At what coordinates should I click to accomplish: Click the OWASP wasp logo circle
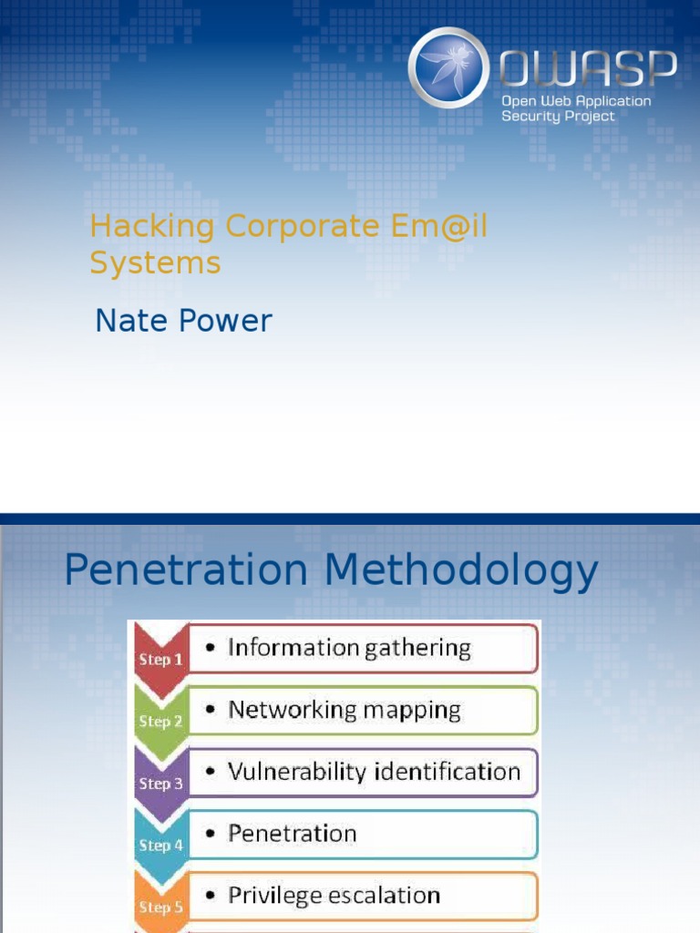[x=448, y=68]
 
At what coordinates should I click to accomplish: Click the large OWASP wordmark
[x=588, y=67]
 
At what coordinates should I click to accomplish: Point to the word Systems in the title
[x=155, y=262]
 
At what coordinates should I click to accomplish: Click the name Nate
[x=129, y=321]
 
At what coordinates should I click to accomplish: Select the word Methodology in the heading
[x=461, y=571]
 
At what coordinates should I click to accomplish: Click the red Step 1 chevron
[x=160, y=658]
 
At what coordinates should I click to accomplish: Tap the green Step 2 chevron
[x=160, y=720]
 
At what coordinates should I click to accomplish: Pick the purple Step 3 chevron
[x=160, y=782]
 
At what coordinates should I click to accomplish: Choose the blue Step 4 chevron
[x=160, y=844]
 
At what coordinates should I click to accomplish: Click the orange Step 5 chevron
[x=160, y=906]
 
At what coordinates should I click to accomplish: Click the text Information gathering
[x=349, y=648]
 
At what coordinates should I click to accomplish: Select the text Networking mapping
[x=345, y=710]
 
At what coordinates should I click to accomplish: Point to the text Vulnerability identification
[x=374, y=772]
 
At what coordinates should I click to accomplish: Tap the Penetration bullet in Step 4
[x=292, y=834]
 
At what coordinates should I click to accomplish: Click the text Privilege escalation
[x=334, y=896]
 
